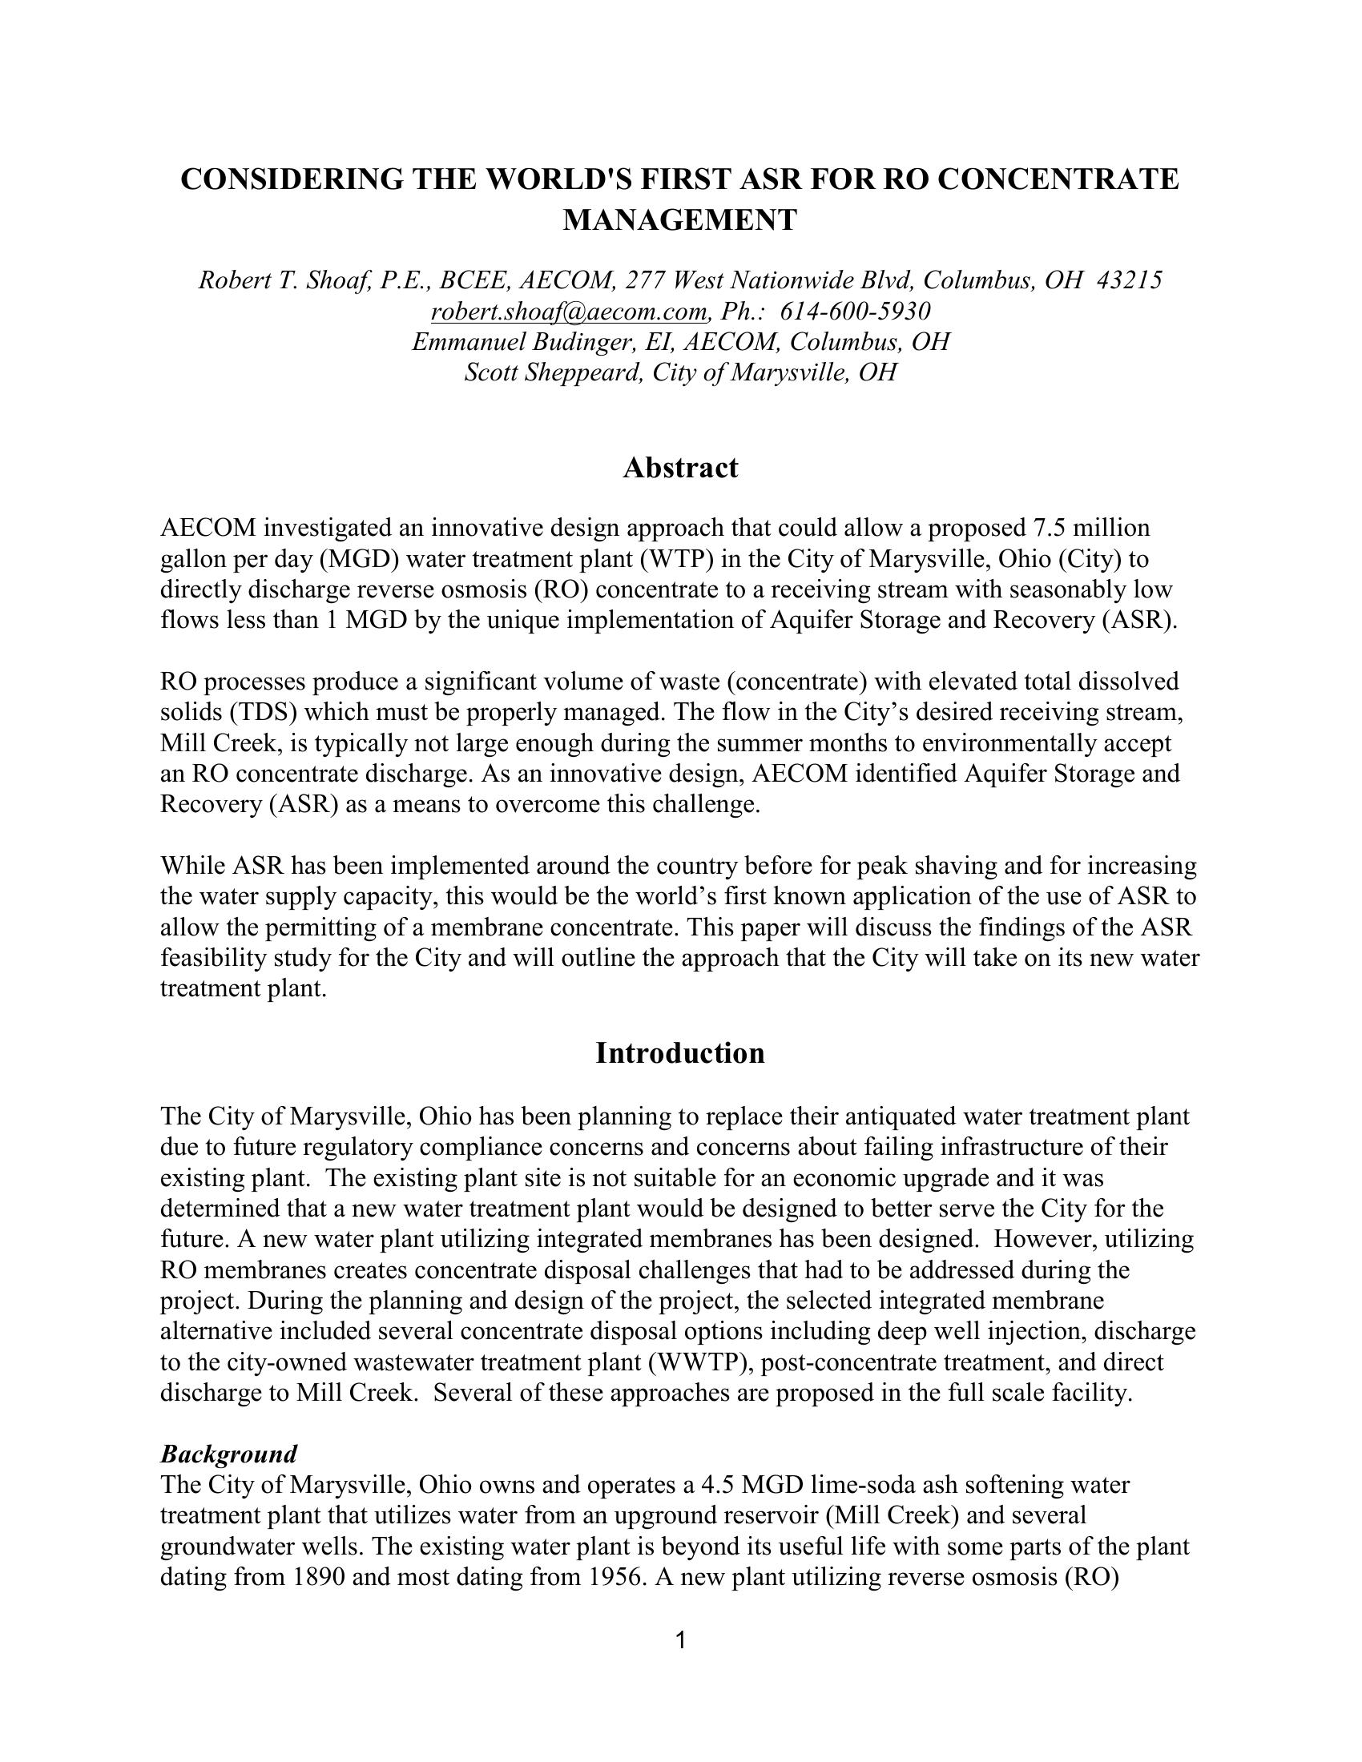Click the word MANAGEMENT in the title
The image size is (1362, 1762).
[679, 219]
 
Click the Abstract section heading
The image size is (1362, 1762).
[680, 468]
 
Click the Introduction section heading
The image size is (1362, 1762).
[680, 1053]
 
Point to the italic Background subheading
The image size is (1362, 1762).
[228, 1454]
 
